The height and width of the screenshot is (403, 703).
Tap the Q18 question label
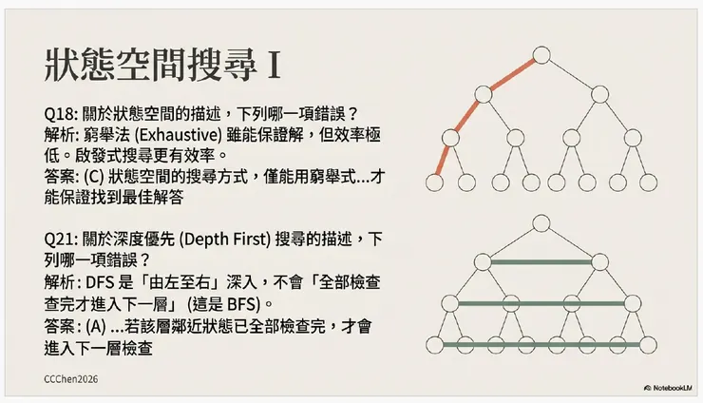click(x=61, y=113)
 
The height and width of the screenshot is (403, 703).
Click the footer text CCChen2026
click(x=71, y=378)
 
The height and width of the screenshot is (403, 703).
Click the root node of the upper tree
click(x=541, y=54)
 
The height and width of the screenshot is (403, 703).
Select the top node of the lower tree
click(x=541, y=221)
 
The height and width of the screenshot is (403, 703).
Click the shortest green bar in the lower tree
click(x=541, y=261)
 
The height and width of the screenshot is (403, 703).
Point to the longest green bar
click(x=541, y=343)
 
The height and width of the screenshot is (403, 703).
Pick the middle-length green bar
click(x=541, y=303)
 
